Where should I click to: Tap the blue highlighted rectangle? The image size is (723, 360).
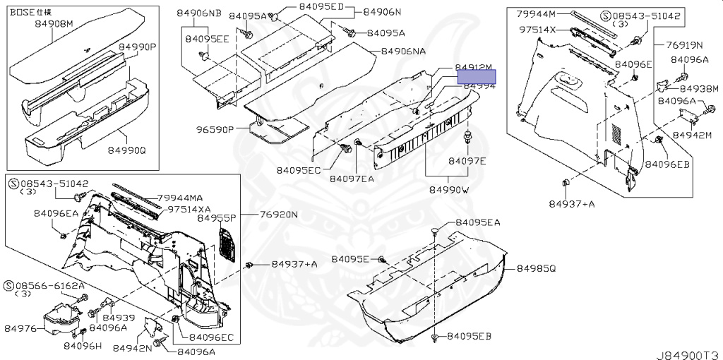(x=477, y=76)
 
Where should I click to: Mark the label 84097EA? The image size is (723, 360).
(x=352, y=179)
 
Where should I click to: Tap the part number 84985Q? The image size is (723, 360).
(x=536, y=269)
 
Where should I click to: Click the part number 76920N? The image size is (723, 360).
(x=278, y=215)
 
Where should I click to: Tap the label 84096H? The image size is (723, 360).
(x=83, y=346)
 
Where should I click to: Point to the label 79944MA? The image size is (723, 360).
(x=180, y=197)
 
